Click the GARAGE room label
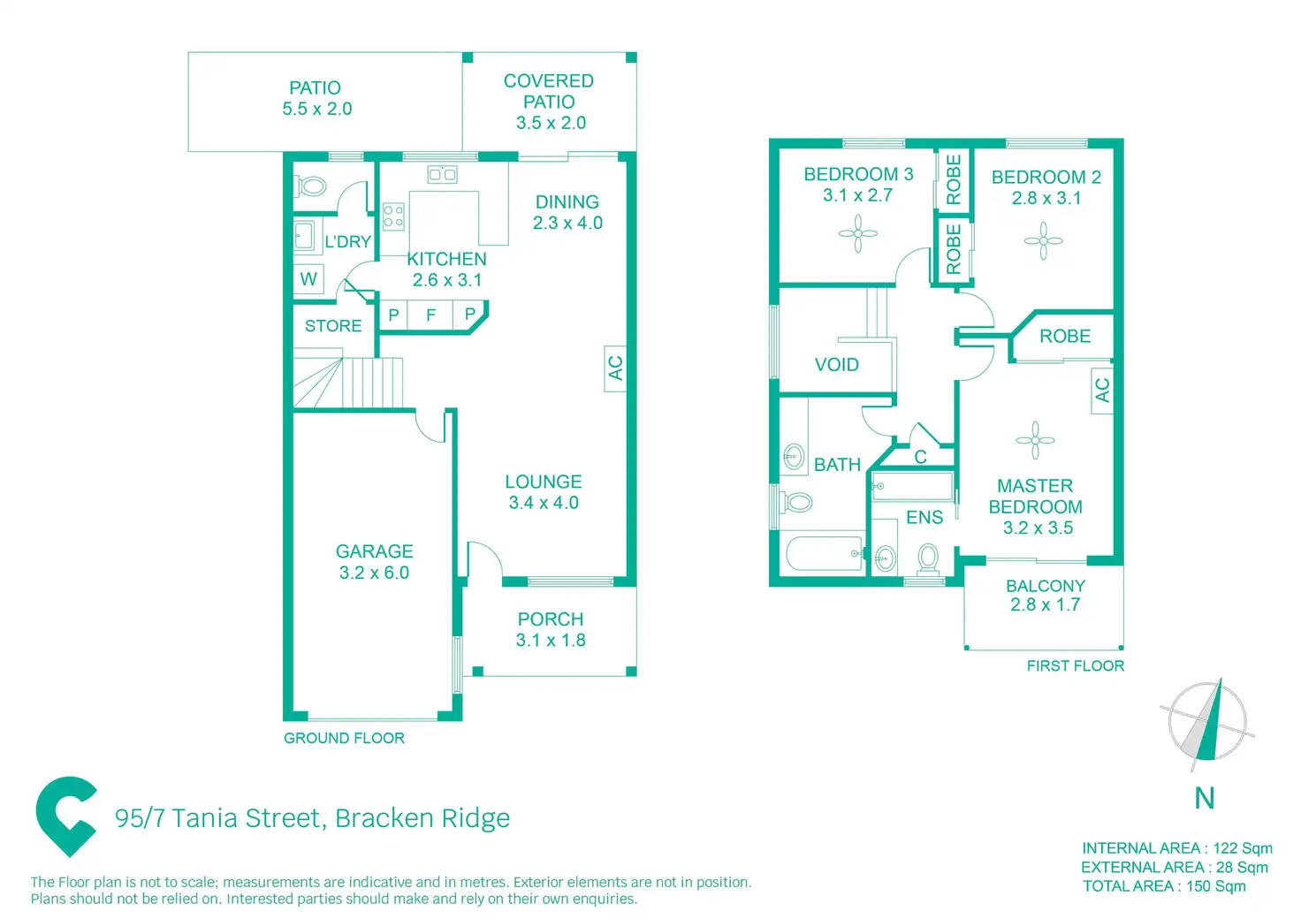(374, 551)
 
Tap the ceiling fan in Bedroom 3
(857, 234)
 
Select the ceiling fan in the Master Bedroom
(1035, 439)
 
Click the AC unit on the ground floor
(615, 368)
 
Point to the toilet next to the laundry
(311, 186)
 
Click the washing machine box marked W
(308, 279)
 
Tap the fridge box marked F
(431, 315)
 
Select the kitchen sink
(442, 174)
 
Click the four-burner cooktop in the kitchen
(393, 216)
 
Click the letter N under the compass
(1204, 798)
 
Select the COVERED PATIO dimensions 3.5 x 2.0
(551, 123)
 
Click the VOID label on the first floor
(836, 365)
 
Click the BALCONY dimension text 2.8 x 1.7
(1045, 605)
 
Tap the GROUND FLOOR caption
(344, 738)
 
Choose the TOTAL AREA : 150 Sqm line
(1164, 886)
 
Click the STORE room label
(333, 326)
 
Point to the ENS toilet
(928, 558)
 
